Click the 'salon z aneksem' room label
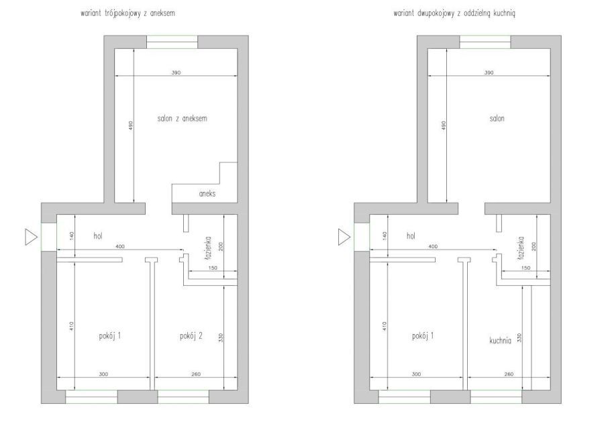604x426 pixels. coord(182,119)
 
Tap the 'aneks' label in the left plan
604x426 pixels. coord(207,194)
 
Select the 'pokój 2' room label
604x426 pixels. coord(191,336)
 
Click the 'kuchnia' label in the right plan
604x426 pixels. coord(501,341)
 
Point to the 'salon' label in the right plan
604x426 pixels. coord(497,119)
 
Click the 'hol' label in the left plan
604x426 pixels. coord(98,235)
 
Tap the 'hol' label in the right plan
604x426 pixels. coord(411,235)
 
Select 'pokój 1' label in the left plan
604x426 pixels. coord(110,336)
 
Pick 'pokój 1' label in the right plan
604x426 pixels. coord(423,336)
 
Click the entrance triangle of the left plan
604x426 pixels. coord(31,237)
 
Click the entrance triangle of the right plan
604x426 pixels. coord(344,237)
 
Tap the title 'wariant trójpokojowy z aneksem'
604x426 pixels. coord(128,13)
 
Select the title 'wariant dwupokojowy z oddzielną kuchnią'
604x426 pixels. coord(454,13)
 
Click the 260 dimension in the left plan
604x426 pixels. coord(196,374)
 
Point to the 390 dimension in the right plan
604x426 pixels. coord(489,72)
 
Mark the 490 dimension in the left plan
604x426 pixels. coord(131,125)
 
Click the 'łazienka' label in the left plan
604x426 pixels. coord(209,248)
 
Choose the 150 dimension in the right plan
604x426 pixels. coord(525,268)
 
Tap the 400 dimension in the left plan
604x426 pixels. coord(120,246)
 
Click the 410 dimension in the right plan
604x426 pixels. coord(385,327)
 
